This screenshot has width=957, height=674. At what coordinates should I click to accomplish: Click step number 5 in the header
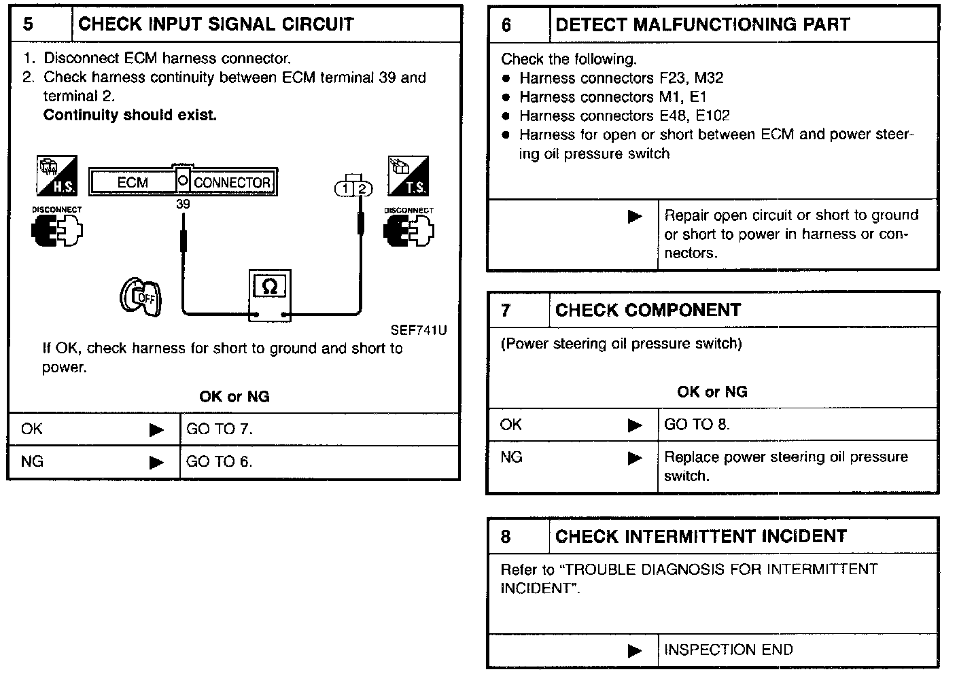point(29,24)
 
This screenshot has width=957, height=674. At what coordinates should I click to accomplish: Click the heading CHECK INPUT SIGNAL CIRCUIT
point(216,24)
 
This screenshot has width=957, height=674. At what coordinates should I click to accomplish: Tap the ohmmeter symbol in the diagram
point(269,288)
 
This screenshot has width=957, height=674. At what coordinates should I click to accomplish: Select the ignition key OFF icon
point(141,298)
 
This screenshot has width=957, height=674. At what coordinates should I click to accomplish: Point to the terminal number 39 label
point(183,205)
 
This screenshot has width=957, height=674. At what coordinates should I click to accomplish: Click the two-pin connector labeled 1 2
point(354,188)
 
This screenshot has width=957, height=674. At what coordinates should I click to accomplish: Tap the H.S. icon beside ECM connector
point(57,175)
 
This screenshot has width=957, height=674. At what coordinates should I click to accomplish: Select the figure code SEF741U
point(419,331)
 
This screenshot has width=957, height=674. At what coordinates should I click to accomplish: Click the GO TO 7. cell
point(220,429)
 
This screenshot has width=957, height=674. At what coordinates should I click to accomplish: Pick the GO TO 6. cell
point(220,462)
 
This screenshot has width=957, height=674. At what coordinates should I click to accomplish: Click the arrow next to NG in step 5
point(157,463)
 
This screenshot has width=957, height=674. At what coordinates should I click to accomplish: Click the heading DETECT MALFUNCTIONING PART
point(702,24)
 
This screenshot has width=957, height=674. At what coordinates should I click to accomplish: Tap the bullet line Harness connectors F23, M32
point(621,78)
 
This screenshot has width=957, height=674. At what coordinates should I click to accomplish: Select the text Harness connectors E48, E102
point(624,116)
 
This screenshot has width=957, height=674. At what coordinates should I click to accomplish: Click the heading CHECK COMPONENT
point(648,311)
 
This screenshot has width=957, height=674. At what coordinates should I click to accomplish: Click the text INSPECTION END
point(728,650)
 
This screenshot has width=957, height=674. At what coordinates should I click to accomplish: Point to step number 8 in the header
point(506,537)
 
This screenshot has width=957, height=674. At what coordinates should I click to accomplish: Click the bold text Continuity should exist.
point(130,116)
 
